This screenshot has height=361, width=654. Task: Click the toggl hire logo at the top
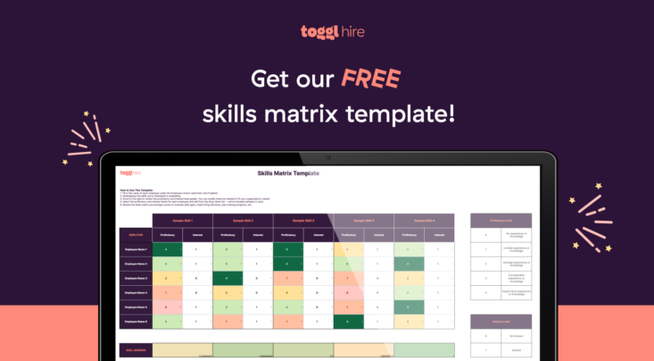(327, 32)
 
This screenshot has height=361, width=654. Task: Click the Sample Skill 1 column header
(182, 220)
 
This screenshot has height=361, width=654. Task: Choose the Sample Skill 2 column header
(242, 220)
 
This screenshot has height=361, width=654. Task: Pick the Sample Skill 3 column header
(302, 220)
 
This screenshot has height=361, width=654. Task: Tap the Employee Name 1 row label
(135, 250)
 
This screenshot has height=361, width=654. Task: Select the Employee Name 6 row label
(135, 320)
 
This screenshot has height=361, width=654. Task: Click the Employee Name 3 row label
(135, 278)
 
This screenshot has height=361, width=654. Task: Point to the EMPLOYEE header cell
(134, 235)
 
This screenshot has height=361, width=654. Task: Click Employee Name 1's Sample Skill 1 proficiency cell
(167, 250)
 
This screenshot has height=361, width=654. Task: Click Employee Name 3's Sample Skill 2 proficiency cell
(227, 278)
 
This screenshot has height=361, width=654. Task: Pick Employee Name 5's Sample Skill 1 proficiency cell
(167, 306)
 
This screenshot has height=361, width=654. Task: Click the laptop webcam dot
(327, 157)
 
